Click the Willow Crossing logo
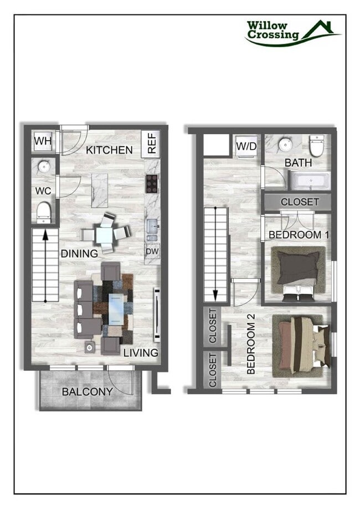point(292,32)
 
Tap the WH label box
point(43,141)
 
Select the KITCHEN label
point(109,150)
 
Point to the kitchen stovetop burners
point(152,183)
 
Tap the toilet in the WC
point(44,210)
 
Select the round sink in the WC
point(43,166)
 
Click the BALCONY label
point(87,391)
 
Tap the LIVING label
point(141,353)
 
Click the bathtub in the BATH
point(310,180)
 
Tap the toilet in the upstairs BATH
point(316,146)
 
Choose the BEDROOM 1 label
point(299,234)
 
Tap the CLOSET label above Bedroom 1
point(300,202)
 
